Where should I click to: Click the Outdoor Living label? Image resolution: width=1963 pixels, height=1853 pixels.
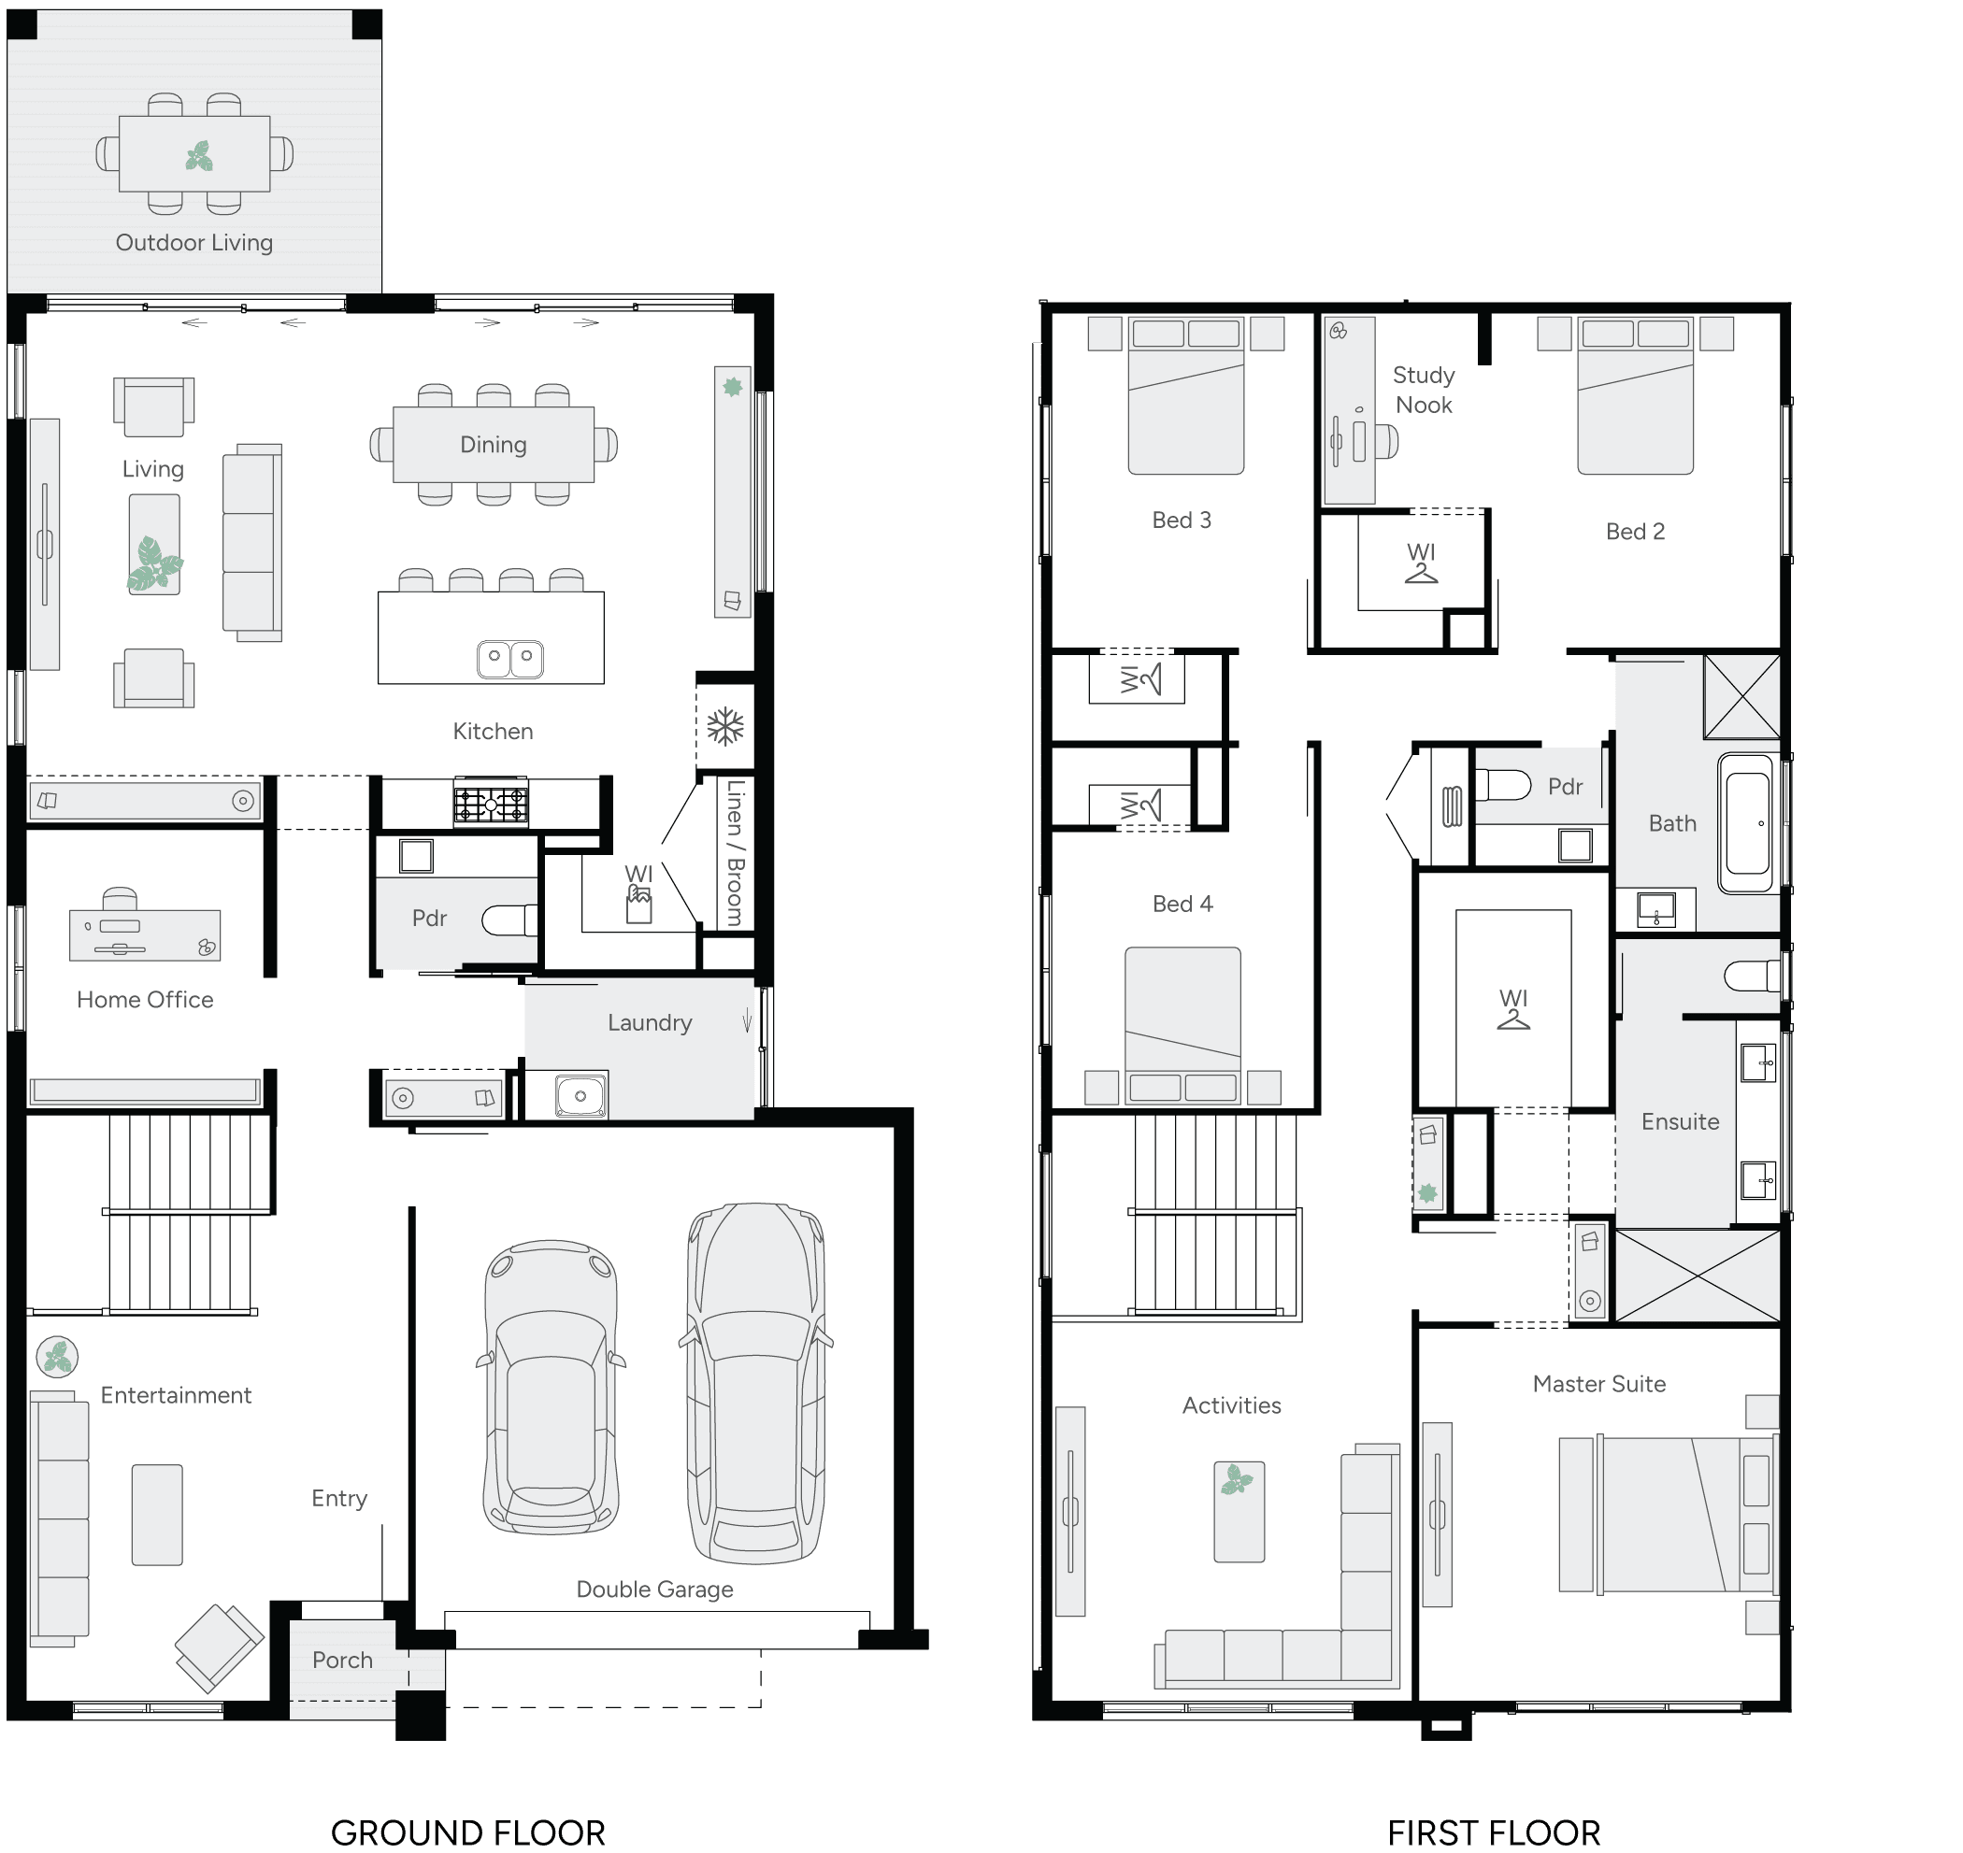pos(193,242)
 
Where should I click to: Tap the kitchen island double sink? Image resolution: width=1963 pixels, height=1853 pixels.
pos(509,658)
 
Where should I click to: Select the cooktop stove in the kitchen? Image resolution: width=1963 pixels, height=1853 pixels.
pos(490,803)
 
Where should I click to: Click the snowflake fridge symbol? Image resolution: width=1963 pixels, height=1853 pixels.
pos(725,727)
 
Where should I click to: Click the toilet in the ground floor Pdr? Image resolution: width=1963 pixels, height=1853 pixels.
pos(508,920)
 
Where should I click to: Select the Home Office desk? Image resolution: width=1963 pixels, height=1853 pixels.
pos(144,934)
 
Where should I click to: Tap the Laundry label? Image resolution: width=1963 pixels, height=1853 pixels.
pos(649,1022)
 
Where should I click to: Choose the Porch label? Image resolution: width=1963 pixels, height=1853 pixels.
pos(342,1661)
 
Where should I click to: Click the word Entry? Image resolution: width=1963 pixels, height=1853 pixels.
pos(339,1499)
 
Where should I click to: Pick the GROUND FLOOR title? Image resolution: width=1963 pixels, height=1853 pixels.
pos(467,1833)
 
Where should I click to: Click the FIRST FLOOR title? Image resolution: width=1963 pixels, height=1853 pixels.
pos(1493,1833)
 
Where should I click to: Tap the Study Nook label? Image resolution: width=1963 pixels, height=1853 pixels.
pos(1424,391)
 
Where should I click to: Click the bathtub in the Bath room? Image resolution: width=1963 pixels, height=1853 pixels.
pos(1747,825)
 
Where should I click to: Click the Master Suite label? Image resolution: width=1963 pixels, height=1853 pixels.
pos(1598,1384)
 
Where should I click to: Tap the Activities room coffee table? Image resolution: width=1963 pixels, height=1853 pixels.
pos(1239,1511)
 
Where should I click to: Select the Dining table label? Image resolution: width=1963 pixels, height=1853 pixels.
pos(493,445)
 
